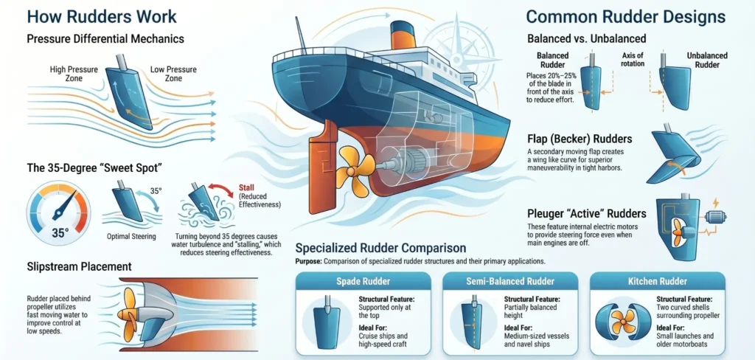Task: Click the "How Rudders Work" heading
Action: pyautogui.click(x=102, y=16)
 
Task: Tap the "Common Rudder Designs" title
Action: pyautogui.click(x=625, y=17)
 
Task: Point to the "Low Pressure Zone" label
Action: pyautogui.click(x=173, y=74)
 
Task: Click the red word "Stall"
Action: pyautogui.click(x=248, y=187)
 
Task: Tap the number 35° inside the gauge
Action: pyautogui.click(x=60, y=233)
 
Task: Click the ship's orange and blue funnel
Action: pyautogui.click(x=403, y=35)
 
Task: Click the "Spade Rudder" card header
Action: pyautogui.click(x=363, y=281)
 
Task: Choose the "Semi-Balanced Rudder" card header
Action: pyautogui.click(x=510, y=281)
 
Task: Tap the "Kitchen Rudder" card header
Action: pyautogui.click(x=657, y=281)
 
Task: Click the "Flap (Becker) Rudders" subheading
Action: pyautogui.click(x=580, y=139)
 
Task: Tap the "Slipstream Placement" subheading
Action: pyautogui.click(x=79, y=266)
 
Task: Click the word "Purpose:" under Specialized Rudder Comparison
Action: pyautogui.click(x=308, y=262)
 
